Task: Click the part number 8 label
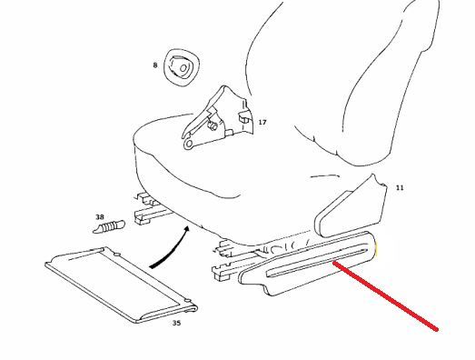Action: [155, 65]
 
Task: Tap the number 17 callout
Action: [262, 122]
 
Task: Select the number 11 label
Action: [400, 188]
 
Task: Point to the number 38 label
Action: [100, 217]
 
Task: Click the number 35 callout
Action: [176, 323]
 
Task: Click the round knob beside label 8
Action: [181, 66]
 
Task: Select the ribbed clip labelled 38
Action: [109, 226]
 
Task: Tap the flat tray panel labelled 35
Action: [121, 285]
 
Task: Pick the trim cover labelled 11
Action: [351, 208]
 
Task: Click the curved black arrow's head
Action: [186, 229]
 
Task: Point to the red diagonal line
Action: [385, 295]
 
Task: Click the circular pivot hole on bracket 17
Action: [189, 144]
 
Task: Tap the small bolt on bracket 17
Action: [213, 125]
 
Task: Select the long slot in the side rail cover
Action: [317, 263]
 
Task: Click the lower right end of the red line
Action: [437, 329]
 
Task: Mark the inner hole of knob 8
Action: [183, 68]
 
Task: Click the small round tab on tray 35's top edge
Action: [117, 255]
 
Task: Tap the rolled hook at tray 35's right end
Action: [192, 307]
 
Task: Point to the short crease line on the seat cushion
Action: [325, 175]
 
